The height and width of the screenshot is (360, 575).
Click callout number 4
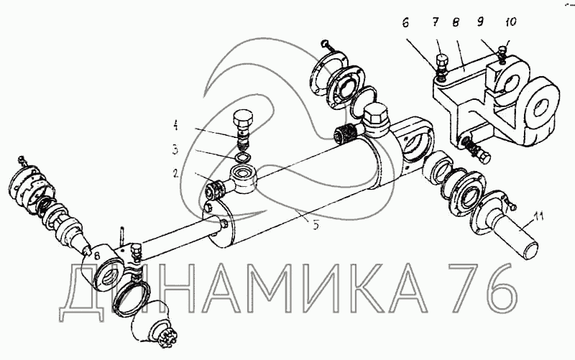(175, 127)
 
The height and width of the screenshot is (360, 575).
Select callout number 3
(175, 149)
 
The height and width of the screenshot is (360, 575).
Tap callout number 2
(175, 172)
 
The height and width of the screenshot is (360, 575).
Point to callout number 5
(316, 225)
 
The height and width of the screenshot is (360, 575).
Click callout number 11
(538, 217)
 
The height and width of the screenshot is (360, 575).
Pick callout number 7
(435, 22)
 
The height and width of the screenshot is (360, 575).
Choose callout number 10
(510, 22)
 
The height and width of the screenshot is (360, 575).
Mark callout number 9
(480, 22)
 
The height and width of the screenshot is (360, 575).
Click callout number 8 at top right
(456, 22)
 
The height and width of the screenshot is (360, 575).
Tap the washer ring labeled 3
(241, 158)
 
